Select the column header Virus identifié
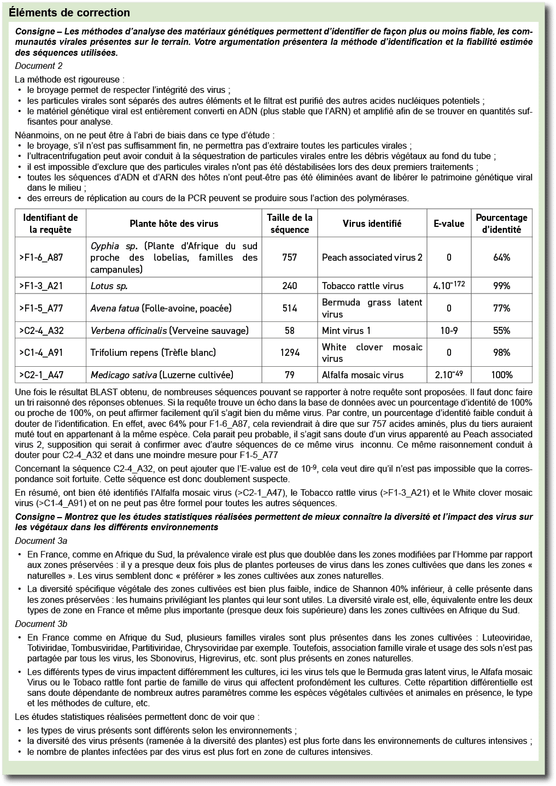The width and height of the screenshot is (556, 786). (x=372, y=223)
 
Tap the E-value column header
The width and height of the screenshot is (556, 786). (x=449, y=223)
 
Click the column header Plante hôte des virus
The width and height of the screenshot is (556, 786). (x=174, y=223)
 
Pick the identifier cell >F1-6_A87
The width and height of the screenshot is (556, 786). (x=41, y=257)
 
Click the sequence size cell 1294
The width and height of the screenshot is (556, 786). (x=290, y=353)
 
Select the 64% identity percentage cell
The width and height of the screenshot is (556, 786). (x=501, y=257)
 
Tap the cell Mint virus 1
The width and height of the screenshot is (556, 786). (x=346, y=330)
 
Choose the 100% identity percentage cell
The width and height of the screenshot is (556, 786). (x=501, y=375)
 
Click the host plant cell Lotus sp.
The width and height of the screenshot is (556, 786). (x=109, y=286)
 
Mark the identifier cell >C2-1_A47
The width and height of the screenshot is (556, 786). (x=41, y=375)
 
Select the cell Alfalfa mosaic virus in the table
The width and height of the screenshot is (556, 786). (x=362, y=375)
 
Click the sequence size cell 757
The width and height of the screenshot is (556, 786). (x=290, y=257)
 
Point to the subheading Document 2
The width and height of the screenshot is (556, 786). (x=39, y=66)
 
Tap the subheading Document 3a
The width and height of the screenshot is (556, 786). (x=41, y=541)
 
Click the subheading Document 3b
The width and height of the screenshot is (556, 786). (x=41, y=624)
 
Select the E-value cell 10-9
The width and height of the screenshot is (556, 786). (x=449, y=330)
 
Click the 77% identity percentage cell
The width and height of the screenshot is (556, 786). (x=501, y=308)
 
